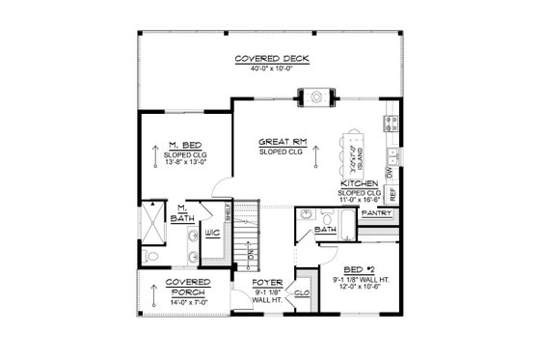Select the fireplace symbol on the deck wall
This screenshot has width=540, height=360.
pos(315,97)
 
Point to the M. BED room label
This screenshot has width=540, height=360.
pos(185,145)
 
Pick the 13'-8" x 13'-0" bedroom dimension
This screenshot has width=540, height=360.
pos(185,162)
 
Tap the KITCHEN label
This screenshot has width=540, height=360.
pos(359,182)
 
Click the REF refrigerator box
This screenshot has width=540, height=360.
pos(392,193)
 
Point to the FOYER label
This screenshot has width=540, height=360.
pos(265,284)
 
